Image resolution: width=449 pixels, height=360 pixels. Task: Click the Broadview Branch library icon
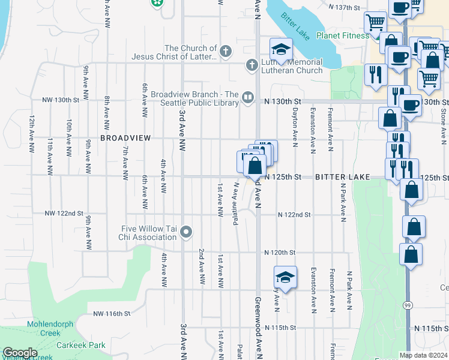coord(248,96)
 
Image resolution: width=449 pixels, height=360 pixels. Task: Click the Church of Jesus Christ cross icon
coord(226,51)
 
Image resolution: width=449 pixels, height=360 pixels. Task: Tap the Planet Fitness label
coord(343,35)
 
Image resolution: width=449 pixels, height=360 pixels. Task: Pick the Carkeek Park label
coord(81,345)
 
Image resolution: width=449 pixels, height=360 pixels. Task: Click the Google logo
coord(19,353)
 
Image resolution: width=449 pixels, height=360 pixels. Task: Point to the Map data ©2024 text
coord(423,355)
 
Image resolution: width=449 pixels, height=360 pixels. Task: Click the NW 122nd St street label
coord(63,214)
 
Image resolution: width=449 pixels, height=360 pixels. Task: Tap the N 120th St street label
coord(281,253)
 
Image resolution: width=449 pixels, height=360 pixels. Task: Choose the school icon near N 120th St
coord(285,277)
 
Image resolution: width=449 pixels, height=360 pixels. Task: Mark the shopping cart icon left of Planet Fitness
coord(375,23)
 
